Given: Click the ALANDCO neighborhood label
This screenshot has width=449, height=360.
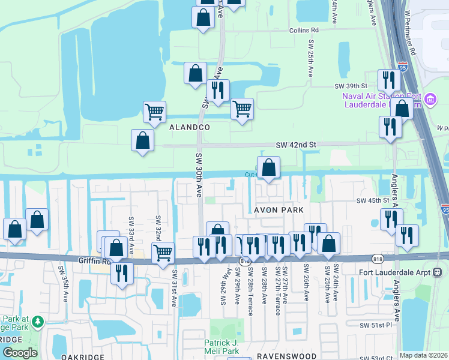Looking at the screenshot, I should (189, 127).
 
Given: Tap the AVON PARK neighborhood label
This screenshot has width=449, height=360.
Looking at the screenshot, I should (279, 210).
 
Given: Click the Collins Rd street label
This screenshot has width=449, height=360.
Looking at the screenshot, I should (303, 30).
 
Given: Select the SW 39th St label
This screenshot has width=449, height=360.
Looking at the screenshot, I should (354, 86).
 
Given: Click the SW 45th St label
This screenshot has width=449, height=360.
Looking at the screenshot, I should (373, 200).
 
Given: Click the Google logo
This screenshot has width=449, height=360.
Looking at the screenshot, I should (20, 352).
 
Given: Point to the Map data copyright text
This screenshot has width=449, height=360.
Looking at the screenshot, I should (424, 355).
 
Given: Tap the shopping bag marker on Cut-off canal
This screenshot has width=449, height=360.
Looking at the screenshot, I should (268, 167).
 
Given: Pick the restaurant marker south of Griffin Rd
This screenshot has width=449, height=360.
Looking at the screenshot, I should (122, 273).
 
